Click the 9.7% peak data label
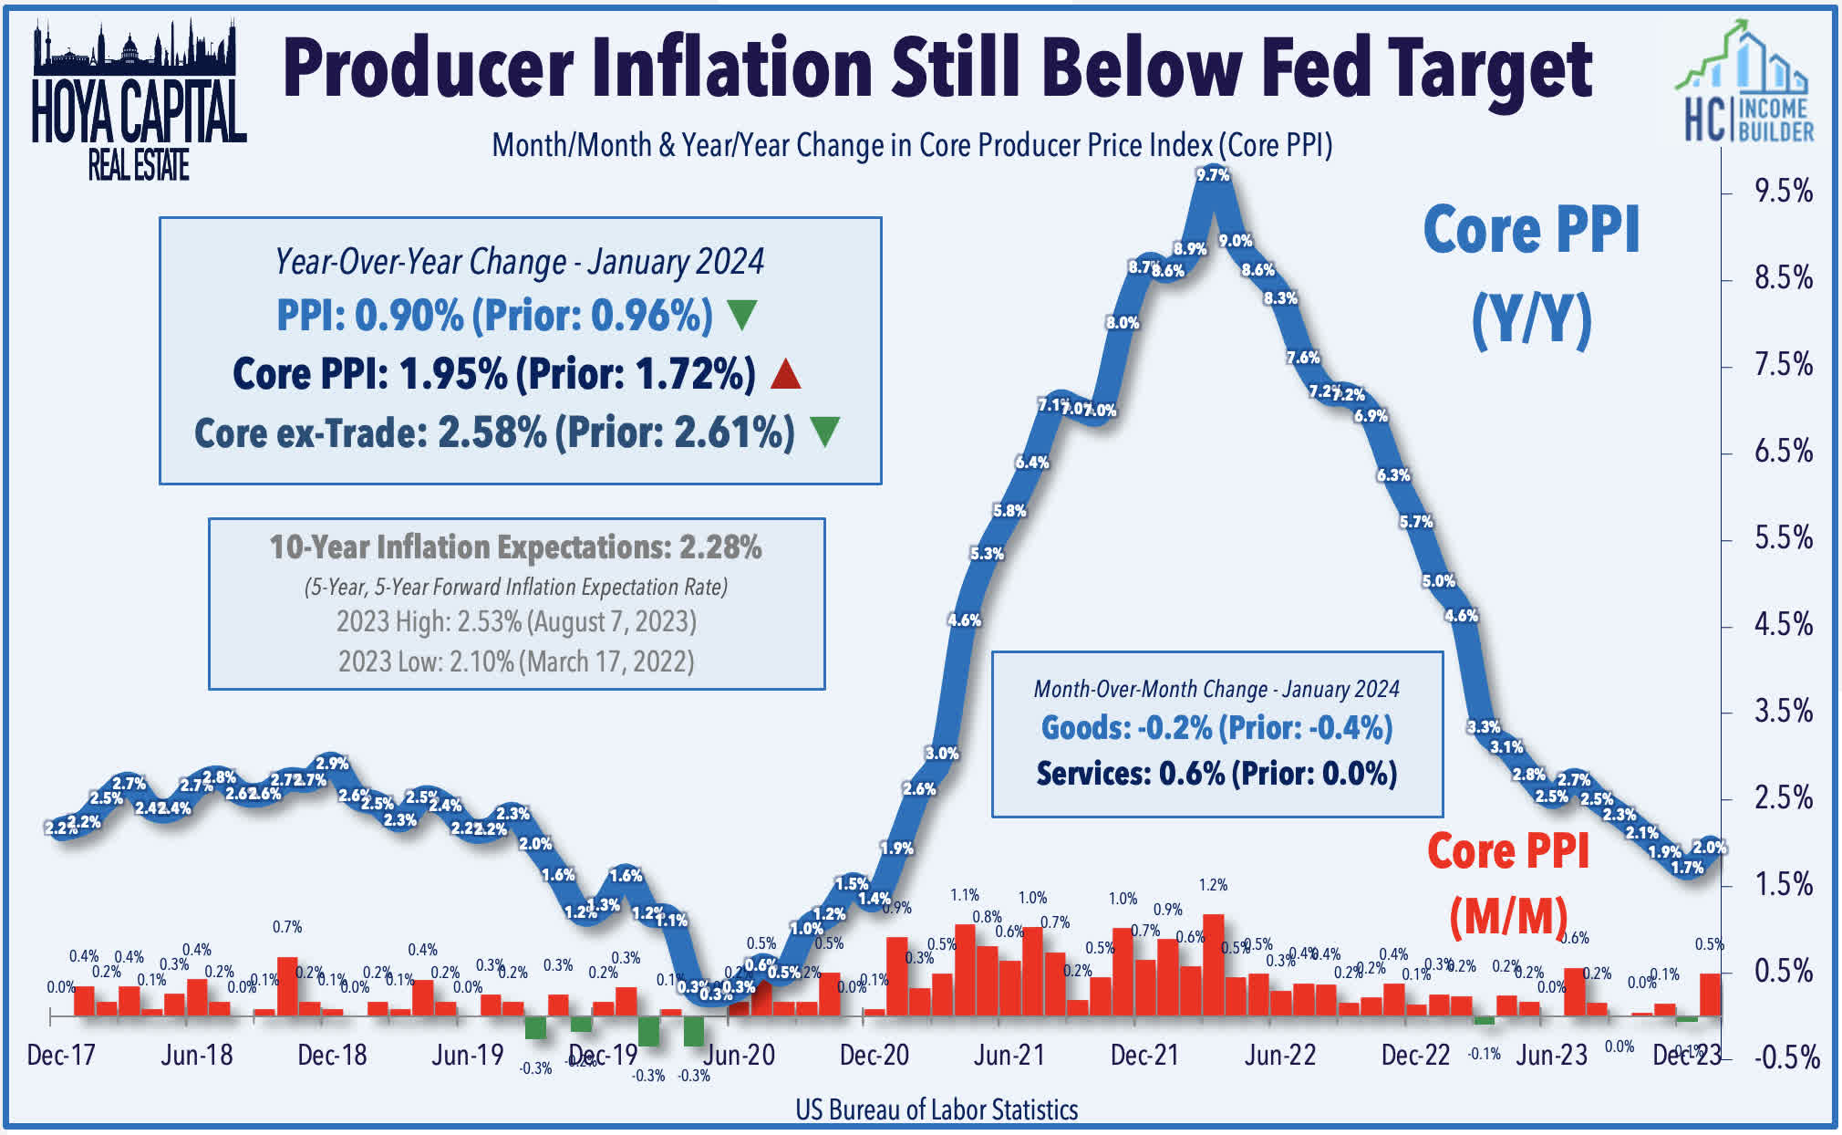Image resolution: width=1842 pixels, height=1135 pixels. point(1213,174)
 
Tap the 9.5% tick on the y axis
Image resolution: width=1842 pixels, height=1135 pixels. point(1783,192)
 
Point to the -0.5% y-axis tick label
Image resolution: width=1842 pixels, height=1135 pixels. point(1786,1058)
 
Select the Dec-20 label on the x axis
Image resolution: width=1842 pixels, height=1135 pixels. point(874,1056)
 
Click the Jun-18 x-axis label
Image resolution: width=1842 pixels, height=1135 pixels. point(197,1056)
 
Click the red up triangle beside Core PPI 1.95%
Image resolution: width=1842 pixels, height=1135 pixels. point(785,375)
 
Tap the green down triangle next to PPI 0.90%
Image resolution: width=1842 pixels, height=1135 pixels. point(742,316)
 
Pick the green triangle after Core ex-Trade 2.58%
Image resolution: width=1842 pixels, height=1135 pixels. point(824,432)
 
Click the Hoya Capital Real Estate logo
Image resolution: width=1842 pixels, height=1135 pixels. point(138,100)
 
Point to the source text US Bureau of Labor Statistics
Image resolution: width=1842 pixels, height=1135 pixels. point(937,1109)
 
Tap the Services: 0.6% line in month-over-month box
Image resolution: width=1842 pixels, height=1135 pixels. point(1216,774)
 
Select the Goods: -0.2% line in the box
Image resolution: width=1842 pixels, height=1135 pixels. point(1216,728)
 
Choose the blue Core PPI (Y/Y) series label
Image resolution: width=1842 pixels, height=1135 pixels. point(1531,274)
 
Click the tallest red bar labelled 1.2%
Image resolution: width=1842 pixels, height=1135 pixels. point(1213,964)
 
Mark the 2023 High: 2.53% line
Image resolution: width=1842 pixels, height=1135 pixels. point(516,622)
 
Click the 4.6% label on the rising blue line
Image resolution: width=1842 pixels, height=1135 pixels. point(964,620)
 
